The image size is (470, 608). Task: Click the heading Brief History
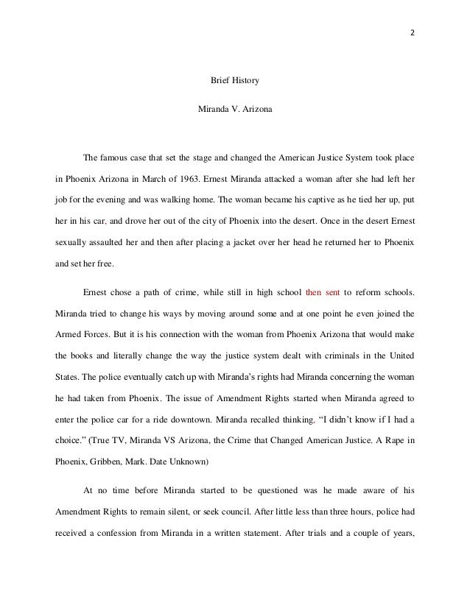[x=235, y=79]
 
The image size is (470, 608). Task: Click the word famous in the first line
[x=116, y=157]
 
